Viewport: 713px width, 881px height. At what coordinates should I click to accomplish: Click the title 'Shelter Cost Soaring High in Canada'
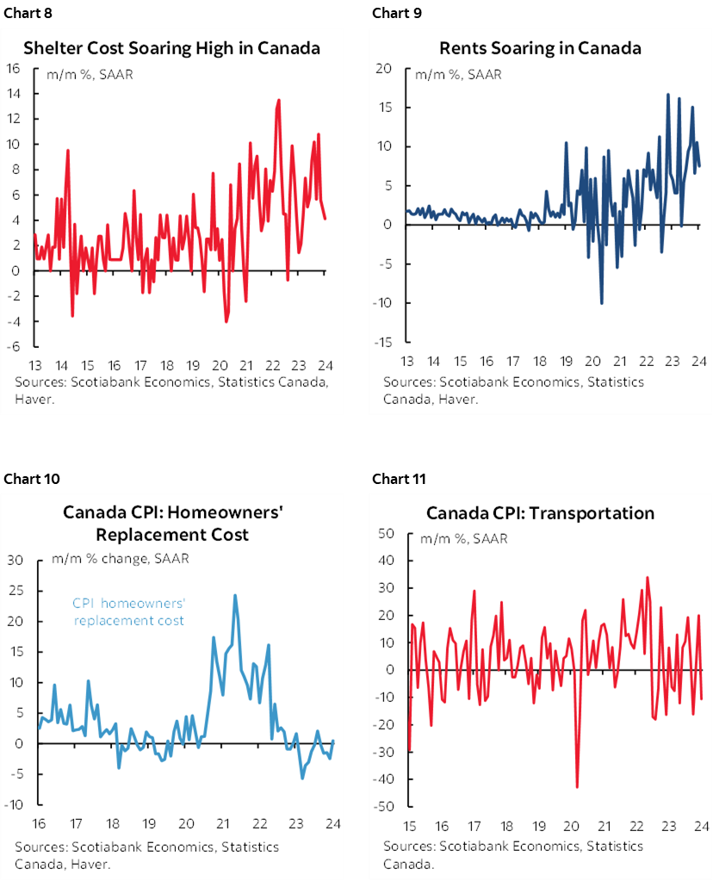coord(171,48)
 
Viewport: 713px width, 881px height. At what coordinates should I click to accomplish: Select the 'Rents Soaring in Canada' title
coord(540,48)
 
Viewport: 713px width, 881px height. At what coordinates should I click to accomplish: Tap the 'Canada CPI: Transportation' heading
coord(540,513)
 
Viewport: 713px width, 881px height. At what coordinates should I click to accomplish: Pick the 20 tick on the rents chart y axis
coord(384,68)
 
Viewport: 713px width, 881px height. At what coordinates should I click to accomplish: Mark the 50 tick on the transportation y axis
coord(384,533)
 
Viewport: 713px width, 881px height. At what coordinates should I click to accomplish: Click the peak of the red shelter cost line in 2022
coord(278,100)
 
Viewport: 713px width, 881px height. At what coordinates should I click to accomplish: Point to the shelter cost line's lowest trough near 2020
coord(226,321)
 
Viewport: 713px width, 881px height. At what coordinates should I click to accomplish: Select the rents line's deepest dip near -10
coord(601,303)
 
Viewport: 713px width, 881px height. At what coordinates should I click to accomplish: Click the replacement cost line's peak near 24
coord(234,595)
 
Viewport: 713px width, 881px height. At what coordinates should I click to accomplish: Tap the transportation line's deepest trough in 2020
coord(576,786)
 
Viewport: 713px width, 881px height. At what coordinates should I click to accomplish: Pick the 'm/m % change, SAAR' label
coord(120,558)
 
